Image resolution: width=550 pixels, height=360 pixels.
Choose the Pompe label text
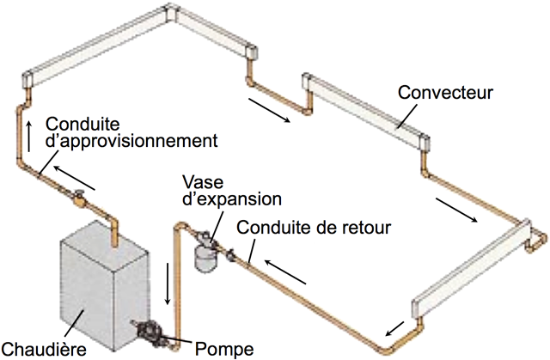point(225,349)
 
